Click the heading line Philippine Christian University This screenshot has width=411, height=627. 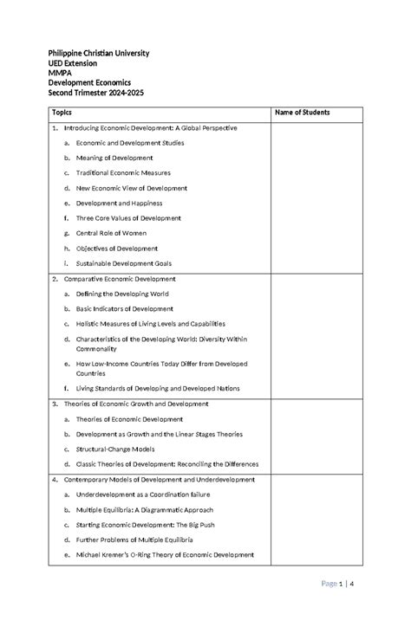98,54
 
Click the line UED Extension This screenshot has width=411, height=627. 72,64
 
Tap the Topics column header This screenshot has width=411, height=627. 62,113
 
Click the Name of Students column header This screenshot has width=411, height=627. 302,113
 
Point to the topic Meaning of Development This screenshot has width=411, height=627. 114,158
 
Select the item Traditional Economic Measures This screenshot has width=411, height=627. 123,173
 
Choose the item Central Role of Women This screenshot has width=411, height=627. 111,233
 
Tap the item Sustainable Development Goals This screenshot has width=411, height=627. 124,263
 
